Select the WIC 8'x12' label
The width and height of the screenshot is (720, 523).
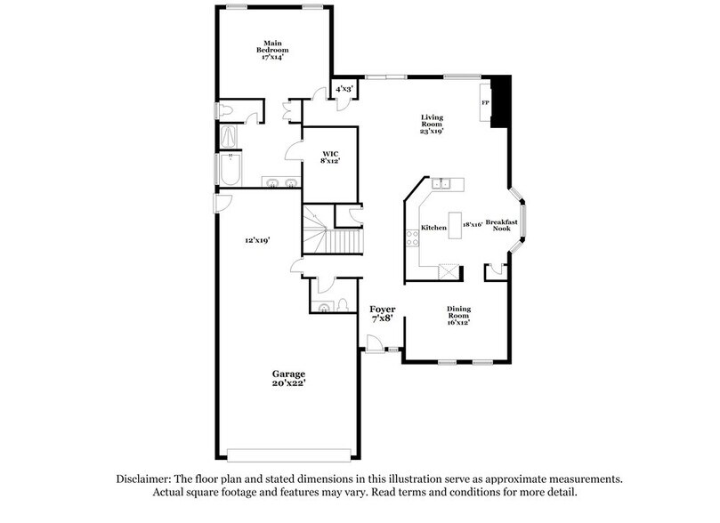click(330, 157)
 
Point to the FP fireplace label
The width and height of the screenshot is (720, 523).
click(486, 103)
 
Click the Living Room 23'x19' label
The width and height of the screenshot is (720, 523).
click(433, 125)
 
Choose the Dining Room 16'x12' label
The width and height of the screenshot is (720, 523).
click(459, 316)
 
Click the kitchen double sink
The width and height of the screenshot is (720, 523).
click(444, 184)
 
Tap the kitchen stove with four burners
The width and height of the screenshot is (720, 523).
click(412, 238)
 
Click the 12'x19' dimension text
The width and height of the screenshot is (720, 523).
click(257, 240)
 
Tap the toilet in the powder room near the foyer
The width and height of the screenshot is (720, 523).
click(324, 307)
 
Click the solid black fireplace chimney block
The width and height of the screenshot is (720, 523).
click(502, 100)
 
